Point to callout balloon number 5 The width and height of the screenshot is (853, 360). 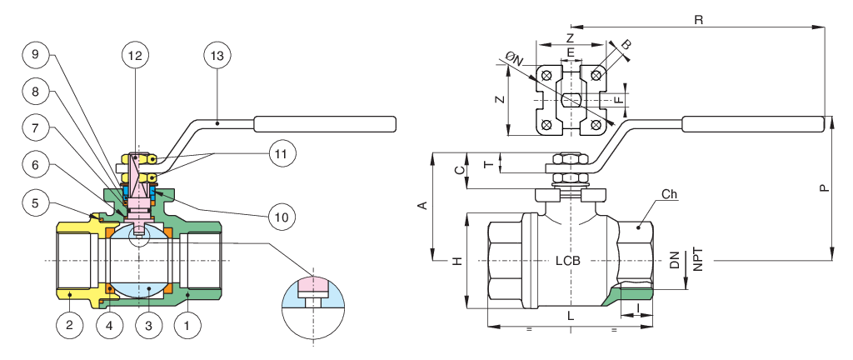(x=36, y=201)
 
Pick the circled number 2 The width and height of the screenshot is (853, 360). (x=70, y=325)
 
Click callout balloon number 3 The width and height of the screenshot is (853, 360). (x=148, y=325)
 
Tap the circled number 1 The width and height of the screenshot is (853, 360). (x=187, y=325)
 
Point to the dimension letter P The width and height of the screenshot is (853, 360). (x=824, y=188)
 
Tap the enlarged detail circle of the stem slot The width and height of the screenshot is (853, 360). (x=313, y=299)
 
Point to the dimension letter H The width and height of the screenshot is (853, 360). (x=456, y=261)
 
